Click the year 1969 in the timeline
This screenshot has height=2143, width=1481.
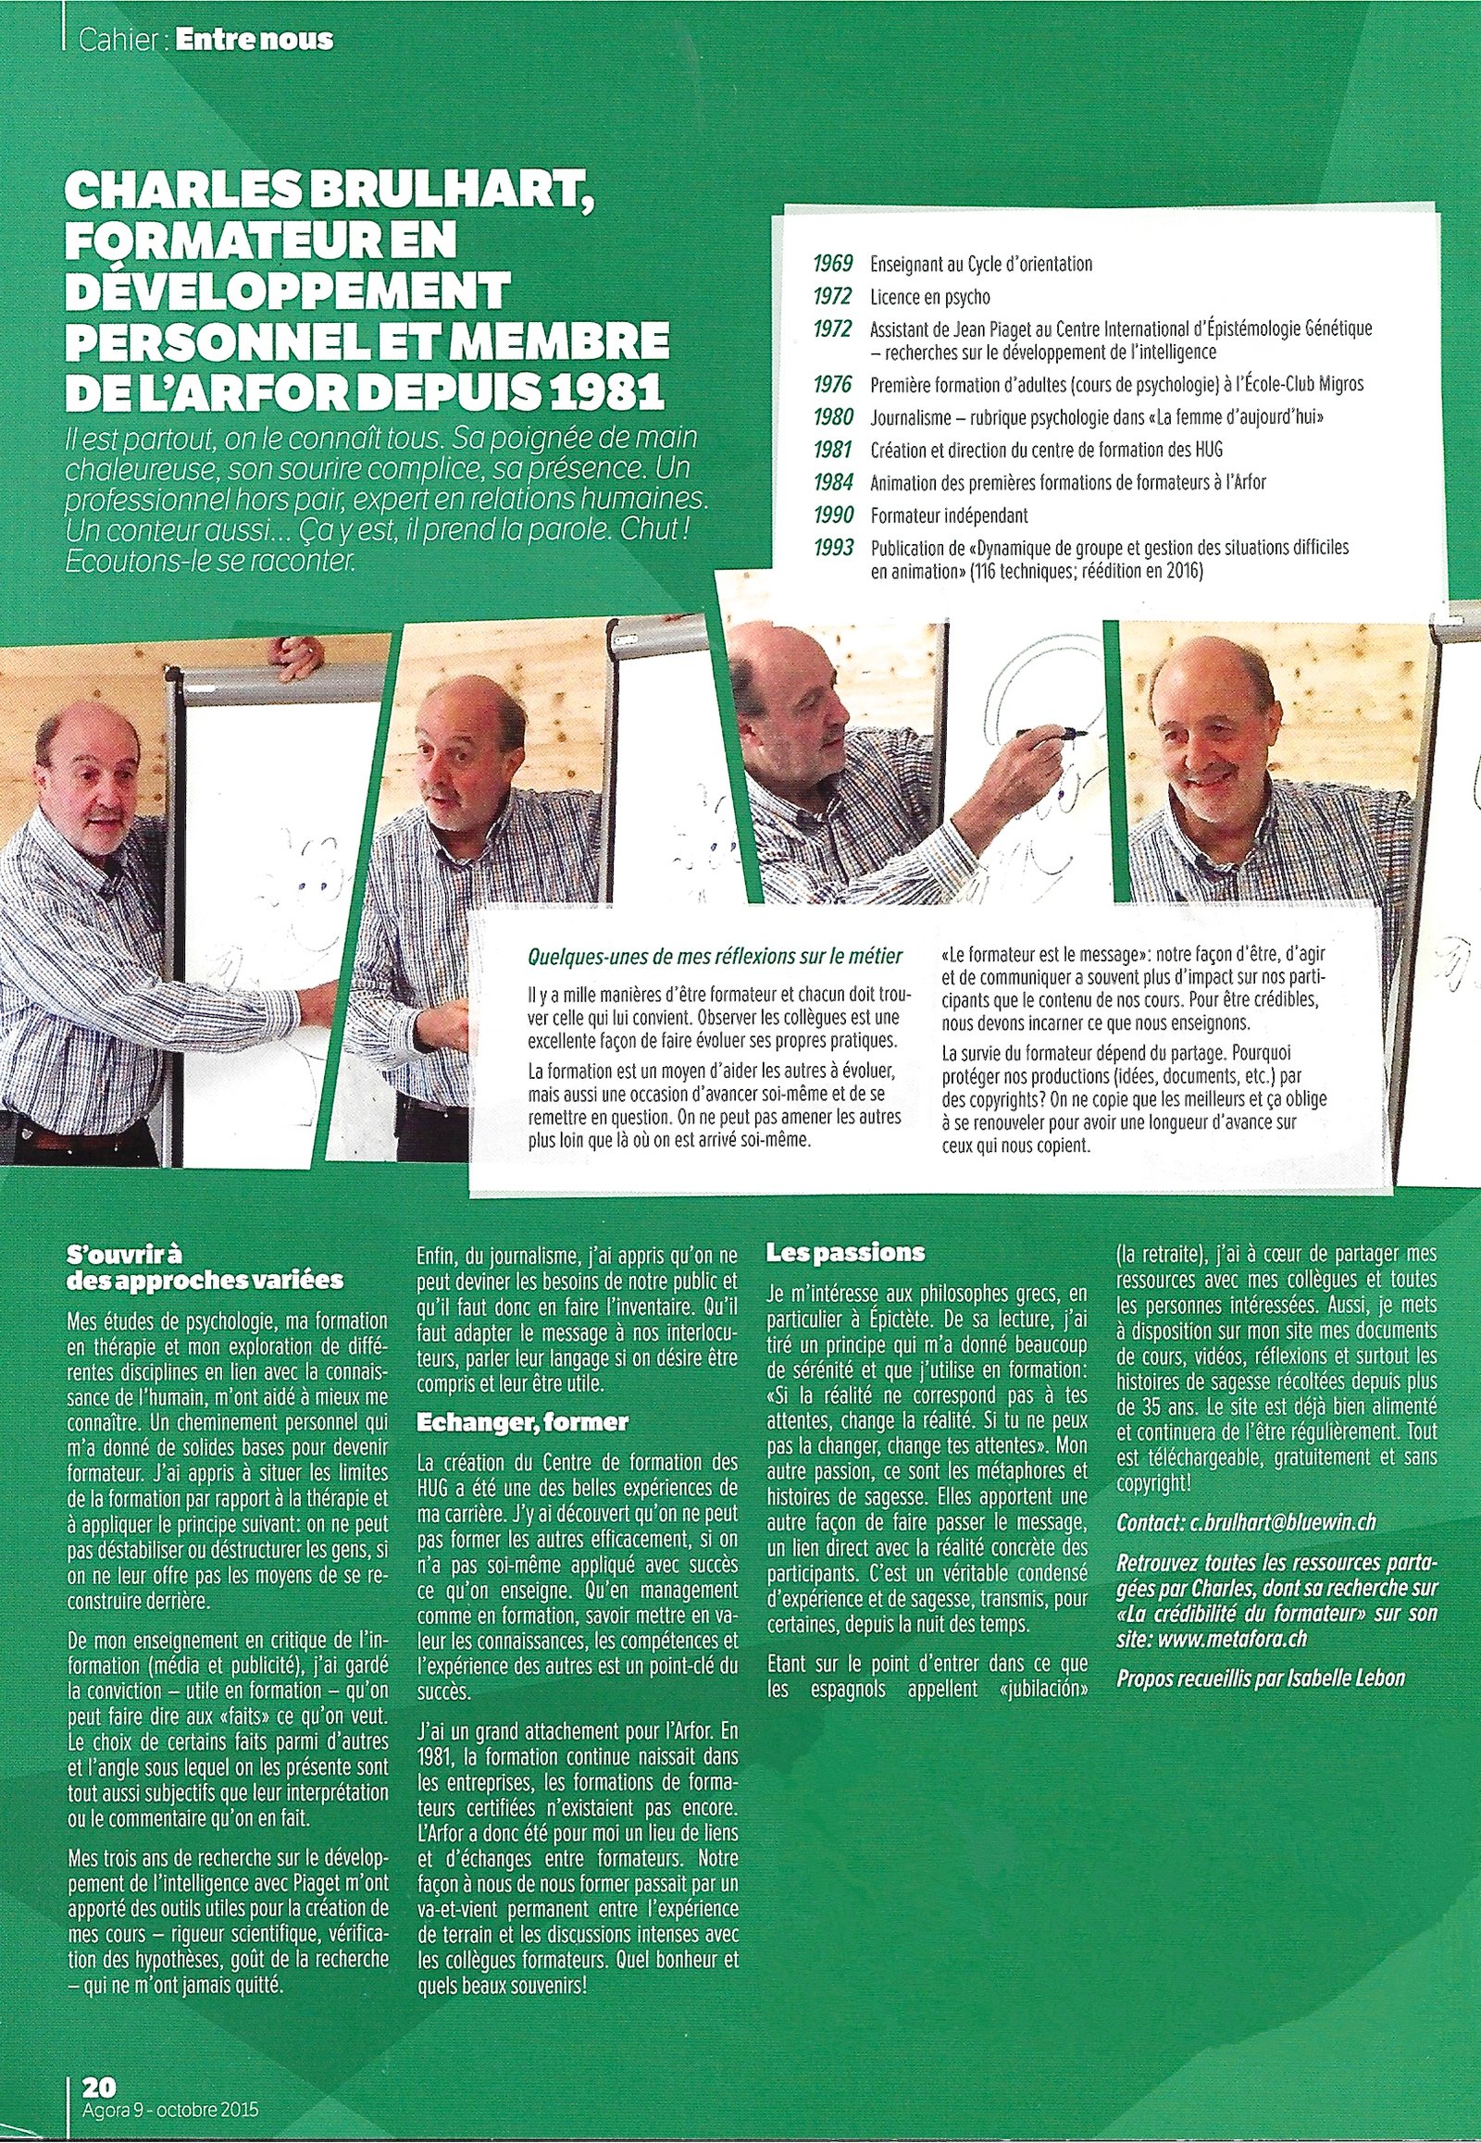[x=832, y=264]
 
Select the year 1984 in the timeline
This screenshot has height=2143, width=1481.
[x=832, y=482]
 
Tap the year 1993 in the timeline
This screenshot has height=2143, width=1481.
[x=832, y=548]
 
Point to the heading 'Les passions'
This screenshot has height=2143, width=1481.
[x=844, y=1253]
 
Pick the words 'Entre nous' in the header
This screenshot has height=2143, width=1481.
[x=254, y=40]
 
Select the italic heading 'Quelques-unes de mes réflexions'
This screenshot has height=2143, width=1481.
[x=714, y=955]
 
